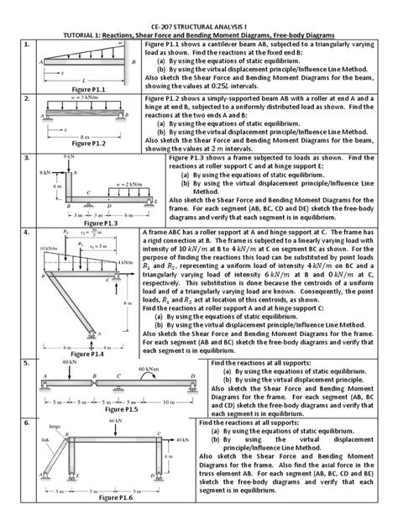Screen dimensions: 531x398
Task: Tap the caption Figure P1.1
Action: point(92,88)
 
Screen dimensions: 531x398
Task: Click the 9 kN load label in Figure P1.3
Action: point(70,157)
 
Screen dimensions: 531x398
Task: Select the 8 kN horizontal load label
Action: point(45,172)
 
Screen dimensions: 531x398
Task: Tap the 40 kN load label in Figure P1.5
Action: point(69,362)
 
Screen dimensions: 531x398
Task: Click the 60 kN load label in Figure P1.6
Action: point(116,418)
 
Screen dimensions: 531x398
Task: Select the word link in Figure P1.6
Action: point(45,438)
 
